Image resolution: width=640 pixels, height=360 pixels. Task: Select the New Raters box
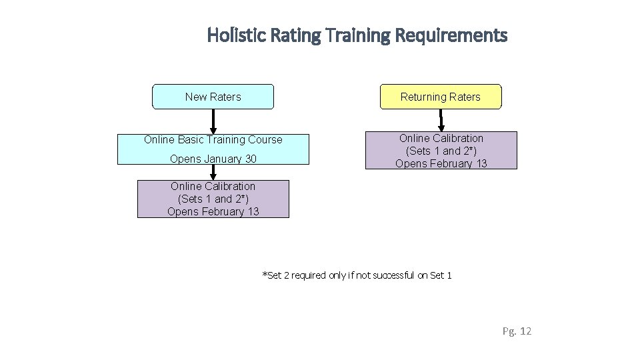pos(213,97)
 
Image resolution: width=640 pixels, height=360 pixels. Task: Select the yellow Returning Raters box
pos(440,97)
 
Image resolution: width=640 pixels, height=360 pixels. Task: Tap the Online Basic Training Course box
pos(213,149)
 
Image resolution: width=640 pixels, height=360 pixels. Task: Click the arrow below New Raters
pos(213,121)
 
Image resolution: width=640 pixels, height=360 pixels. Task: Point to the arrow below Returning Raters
pos(441,121)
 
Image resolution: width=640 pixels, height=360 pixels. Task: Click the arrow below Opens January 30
pos(213,172)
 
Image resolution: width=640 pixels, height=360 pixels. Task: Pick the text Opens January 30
pos(213,159)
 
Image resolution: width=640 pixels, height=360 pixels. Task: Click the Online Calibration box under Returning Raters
pos(441,150)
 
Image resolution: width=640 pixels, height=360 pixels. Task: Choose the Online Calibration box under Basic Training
pos(213,199)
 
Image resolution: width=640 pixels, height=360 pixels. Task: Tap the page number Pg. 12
pos(517,331)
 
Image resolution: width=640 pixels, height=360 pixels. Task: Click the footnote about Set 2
pos(357,275)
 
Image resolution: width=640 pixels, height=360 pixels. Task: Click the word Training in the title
pos(357,35)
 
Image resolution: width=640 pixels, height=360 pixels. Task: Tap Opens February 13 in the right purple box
pos(441,163)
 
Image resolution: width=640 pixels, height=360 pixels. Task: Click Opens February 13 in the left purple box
pos(213,212)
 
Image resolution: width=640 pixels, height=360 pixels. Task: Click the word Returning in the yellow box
pos(423,97)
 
